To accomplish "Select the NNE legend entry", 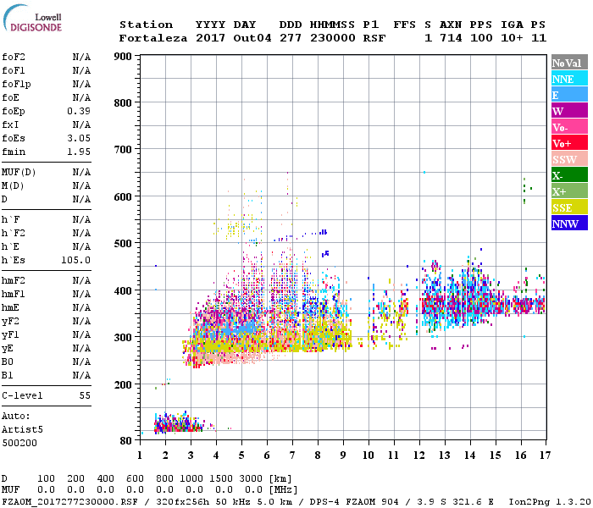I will (569, 79).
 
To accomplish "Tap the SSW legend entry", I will (569, 159).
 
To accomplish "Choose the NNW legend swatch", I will (569, 224).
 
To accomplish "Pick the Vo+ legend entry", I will (569, 143).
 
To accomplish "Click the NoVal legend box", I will (569, 63).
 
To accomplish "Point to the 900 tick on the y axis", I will (124, 57).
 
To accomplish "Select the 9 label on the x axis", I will (343, 455).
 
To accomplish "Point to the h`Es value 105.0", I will (75, 260).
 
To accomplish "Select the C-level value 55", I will (85, 395).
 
